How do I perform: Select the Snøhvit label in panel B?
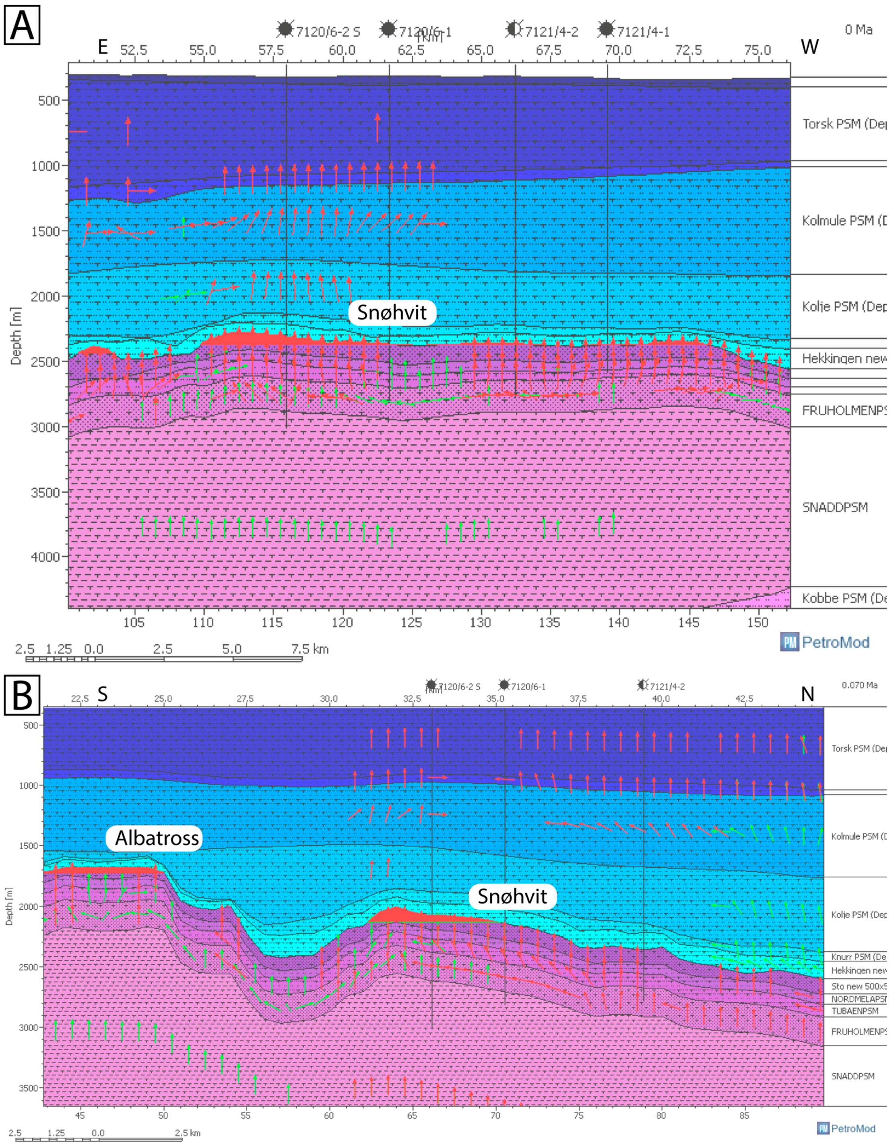[512, 896]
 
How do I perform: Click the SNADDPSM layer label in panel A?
[835, 507]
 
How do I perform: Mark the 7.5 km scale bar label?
[310, 649]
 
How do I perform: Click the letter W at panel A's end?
[809, 47]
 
